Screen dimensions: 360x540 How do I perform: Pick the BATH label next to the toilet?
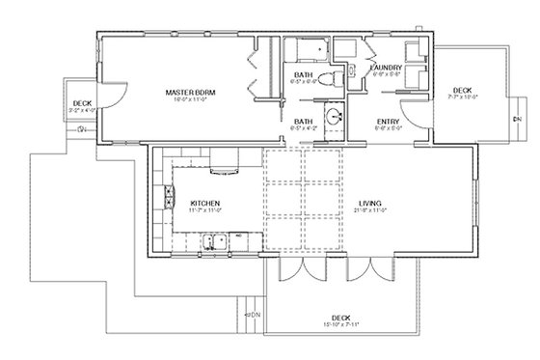tap(303, 77)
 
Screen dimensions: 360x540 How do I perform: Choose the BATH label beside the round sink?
tap(303, 121)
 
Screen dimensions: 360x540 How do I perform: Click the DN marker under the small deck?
tap(82, 126)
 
